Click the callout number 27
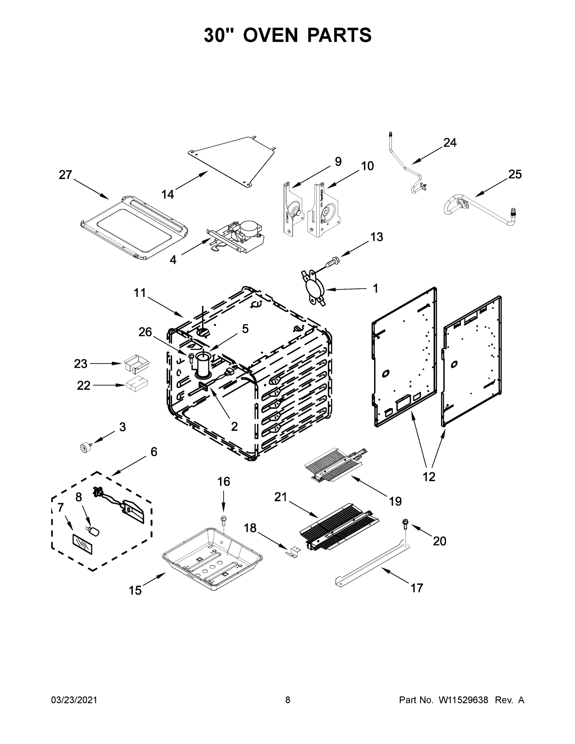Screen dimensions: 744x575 pos(65,175)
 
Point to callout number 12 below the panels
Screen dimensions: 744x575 pos(429,476)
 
